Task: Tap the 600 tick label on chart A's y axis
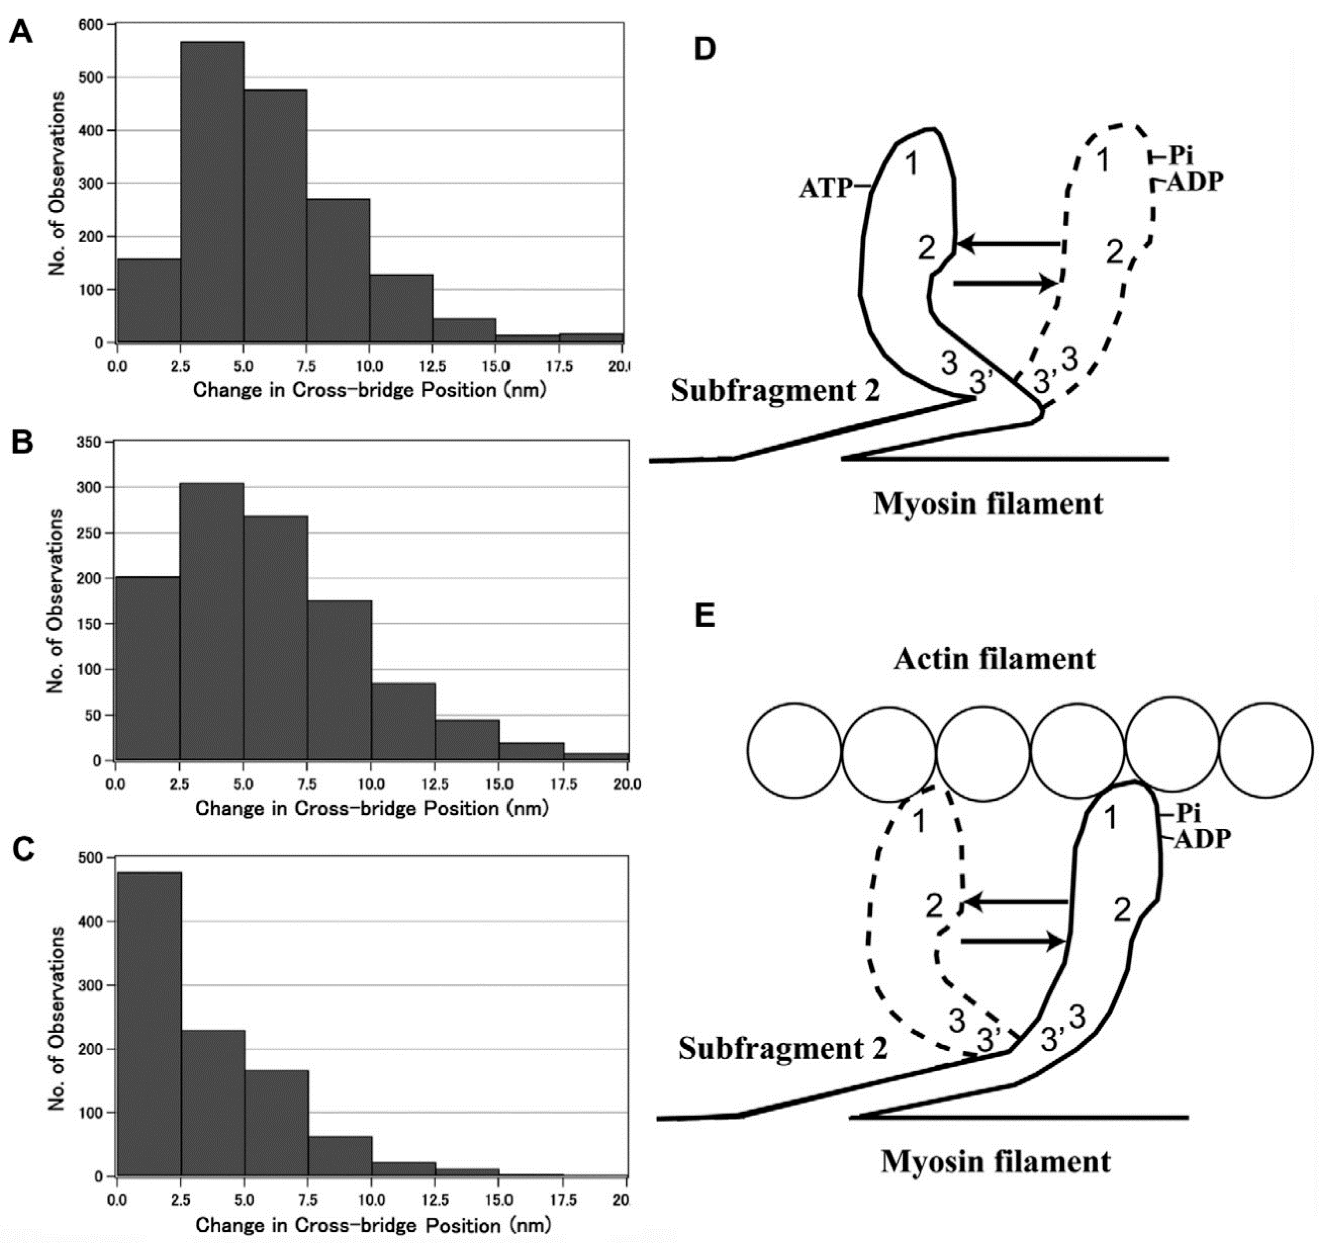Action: (91, 24)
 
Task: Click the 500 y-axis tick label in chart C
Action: (91, 858)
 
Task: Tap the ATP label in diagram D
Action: (825, 188)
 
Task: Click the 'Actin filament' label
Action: (994, 659)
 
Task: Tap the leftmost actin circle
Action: (794, 750)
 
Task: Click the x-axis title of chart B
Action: (372, 808)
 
